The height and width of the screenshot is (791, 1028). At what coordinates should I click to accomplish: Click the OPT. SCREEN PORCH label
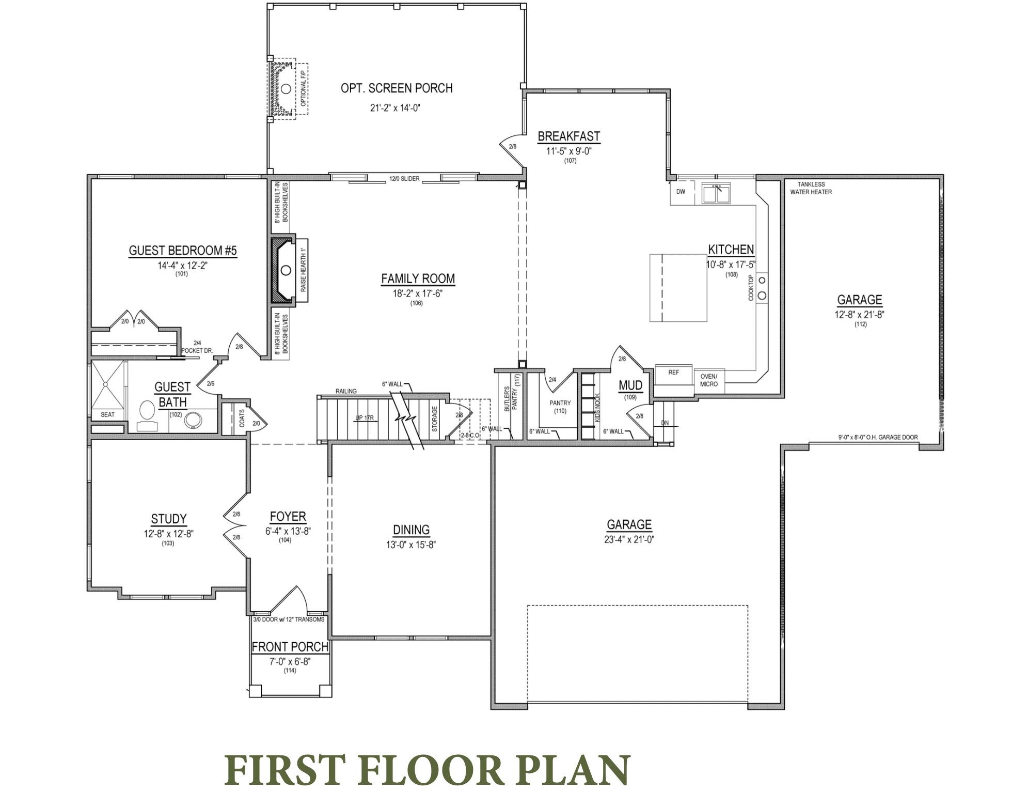(396, 88)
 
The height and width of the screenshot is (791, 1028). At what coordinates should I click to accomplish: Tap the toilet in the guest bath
(148, 411)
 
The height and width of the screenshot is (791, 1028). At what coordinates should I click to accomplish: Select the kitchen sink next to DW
(716, 194)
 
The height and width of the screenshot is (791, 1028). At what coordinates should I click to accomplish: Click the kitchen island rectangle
(678, 287)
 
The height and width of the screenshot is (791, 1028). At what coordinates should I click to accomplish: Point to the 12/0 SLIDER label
(404, 179)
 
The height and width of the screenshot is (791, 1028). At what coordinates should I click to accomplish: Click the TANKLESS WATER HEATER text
(811, 188)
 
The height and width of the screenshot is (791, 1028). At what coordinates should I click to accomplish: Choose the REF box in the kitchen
(673, 373)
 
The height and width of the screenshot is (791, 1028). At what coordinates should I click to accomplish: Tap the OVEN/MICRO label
(708, 380)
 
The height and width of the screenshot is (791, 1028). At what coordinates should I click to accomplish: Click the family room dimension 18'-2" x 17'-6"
(417, 294)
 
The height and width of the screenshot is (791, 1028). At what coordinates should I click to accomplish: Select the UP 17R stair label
(365, 417)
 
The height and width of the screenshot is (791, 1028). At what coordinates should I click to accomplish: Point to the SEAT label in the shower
(107, 414)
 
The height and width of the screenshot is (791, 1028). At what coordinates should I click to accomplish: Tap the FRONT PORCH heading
(290, 647)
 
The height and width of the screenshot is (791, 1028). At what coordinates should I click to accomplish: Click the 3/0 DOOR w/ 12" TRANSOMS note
(289, 619)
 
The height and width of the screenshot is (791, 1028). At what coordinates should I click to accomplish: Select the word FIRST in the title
(284, 769)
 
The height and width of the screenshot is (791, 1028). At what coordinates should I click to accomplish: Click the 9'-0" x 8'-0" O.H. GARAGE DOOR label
(878, 437)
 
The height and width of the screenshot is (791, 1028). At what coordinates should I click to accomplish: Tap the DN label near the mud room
(665, 423)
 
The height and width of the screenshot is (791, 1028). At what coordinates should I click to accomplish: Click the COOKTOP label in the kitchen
(751, 288)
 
